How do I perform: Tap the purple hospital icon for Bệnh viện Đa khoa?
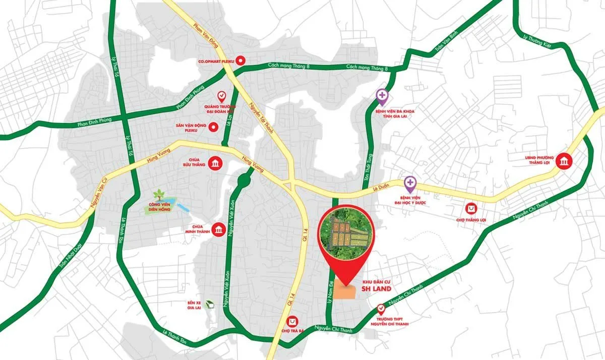(x=383, y=94)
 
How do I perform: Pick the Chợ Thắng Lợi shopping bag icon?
(x=471, y=208)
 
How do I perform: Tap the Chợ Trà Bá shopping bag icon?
(x=292, y=321)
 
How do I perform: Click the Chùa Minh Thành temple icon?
(x=219, y=230)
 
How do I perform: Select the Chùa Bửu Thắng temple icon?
(x=216, y=163)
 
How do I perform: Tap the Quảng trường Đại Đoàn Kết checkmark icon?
(x=221, y=95)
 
